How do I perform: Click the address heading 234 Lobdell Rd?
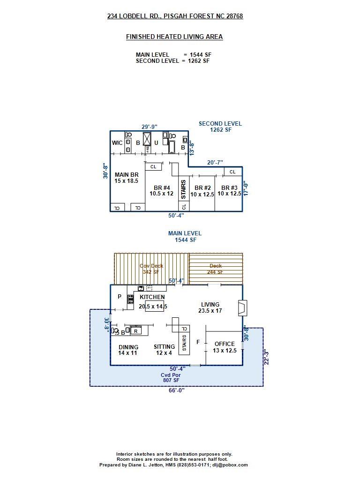tap(175, 16)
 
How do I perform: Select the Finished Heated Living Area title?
tap(174, 37)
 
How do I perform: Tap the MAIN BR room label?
tap(127, 178)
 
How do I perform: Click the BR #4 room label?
tap(161, 190)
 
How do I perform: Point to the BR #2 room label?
tap(202, 191)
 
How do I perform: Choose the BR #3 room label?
tap(229, 191)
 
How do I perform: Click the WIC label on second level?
tap(117, 143)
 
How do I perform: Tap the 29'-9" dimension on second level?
tap(150, 127)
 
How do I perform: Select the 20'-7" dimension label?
tap(215, 162)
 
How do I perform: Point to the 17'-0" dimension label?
tap(245, 189)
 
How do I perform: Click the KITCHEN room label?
tap(152, 297)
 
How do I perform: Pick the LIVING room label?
tap(210, 307)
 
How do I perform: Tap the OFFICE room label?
tap(225, 347)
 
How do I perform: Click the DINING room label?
tap(128, 350)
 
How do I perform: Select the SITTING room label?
tap(164, 350)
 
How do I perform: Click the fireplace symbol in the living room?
tap(242, 308)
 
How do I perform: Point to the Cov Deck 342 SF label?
tap(151, 269)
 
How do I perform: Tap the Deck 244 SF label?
tap(216, 269)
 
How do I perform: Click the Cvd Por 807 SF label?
tap(171, 377)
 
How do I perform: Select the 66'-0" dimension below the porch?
tap(177, 390)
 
